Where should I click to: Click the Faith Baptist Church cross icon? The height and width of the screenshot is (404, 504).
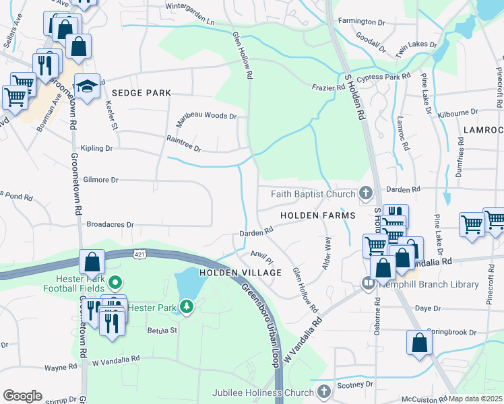[x=365, y=194]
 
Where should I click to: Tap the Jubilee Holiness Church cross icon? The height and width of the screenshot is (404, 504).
[x=324, y=391]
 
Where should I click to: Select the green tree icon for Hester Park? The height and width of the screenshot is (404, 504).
[x=187, y=308]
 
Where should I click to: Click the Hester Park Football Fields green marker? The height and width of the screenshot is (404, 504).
[x=115, y=283]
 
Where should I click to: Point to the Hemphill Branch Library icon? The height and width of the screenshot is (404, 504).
[x=369, y=284]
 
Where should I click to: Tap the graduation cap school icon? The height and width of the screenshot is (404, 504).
[x=87, y=87]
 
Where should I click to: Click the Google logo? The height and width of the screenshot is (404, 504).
[x=22, y=395]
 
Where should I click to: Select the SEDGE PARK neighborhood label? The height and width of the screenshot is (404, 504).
[x=141, y=92]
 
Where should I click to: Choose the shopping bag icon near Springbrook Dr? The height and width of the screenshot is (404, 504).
[x=419, y=342]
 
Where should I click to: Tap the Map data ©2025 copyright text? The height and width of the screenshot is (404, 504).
[x=475, y=399]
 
